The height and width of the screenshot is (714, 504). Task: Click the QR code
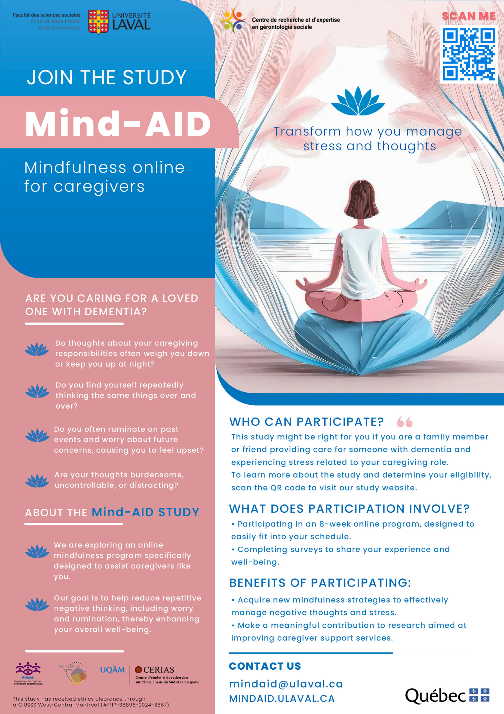pyautogui.click(x=469, y=54)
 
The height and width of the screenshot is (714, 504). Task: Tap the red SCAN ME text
pyautogui.click(x=469, y=16)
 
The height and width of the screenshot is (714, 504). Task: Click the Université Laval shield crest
pyautogui.click(x=99, y=22)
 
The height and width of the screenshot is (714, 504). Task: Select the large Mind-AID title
pyautogui.click(x=118, y=124)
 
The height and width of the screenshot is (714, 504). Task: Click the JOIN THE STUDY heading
pyautogui.click(x=107, y=77)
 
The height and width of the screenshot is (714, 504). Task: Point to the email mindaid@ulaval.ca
pyautogui.click(x=286, y=684)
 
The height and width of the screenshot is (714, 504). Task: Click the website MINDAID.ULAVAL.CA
pyautogui.click(x=282, y=698)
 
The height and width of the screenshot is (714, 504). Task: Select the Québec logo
pyautogui.click(x=447, y=696)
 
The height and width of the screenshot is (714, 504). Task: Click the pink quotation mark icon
pyautogui.click(x=405, y=422)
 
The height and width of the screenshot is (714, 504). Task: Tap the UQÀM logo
pyautogui.click(x=112, y=670)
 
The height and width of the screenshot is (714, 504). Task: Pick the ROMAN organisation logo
pyautogui.click(x=28, y=673)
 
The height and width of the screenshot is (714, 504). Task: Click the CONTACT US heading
pyautogui.click(x=265, y=666)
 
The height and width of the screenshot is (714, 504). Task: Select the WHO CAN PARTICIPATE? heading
pyautogui.click(x=307, y=422)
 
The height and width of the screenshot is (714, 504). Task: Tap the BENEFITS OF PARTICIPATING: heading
pyautogui.click(x=320, y=583)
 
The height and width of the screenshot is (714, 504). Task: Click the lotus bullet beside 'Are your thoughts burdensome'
pyautogui.click(x=37, y=481)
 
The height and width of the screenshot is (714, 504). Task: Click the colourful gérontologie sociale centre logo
pyautogui.click(x=233, y=21)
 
